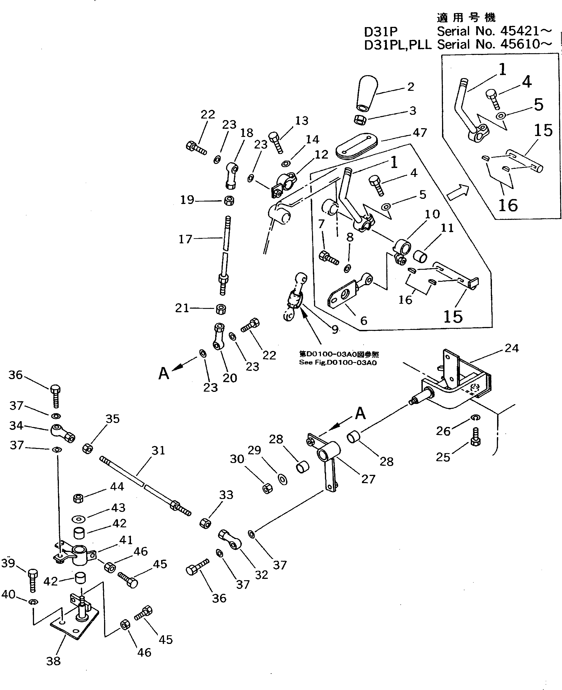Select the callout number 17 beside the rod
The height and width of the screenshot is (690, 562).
coord(186,239)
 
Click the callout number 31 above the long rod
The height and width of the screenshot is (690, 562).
coord(158,450)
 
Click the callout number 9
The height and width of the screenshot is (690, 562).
coord(335,329)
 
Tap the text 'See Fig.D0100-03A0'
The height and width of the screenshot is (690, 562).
coord(338,362)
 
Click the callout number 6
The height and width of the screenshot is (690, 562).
coord(363,321)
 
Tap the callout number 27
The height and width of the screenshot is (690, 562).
coord(368,479)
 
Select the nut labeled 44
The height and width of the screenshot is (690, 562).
coord(78,498)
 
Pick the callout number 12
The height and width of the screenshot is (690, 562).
coord(321,155)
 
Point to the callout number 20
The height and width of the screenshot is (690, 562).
coord(230,378)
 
